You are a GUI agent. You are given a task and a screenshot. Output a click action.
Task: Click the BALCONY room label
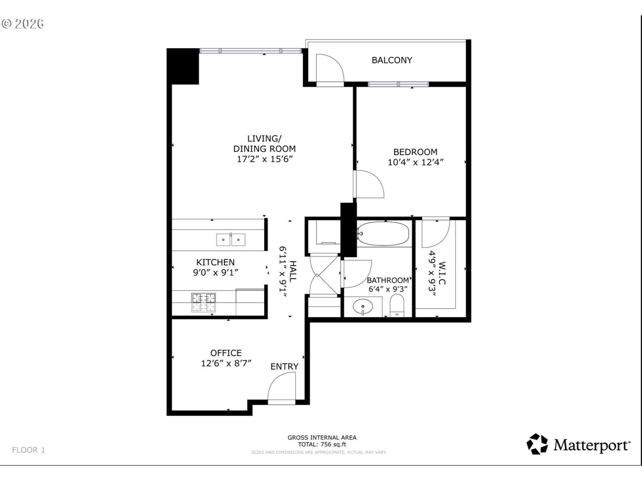pyautogui.click(x=392, y=60)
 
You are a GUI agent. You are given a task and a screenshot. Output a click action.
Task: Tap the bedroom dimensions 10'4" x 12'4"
pyautogui.click(x=416, y=162)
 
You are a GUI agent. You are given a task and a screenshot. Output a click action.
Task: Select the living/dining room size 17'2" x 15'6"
pyautogui.click(x=264, y=159)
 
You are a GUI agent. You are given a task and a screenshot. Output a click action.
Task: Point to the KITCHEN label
pyautogui.click(x=215, y=262)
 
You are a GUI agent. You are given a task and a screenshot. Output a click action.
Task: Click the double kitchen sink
pyautogui.click(x=231, y=239)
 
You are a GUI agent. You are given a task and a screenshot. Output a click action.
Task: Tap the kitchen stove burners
pyautogui.click(x=203, y=302)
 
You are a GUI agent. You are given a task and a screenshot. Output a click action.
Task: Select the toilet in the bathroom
pyautogui.click(x=397, y=305)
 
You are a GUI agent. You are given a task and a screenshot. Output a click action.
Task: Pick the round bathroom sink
pyautogui.click(x=363, y=306)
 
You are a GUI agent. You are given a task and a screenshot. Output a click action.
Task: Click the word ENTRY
pyautogui.click(x=284, y=366)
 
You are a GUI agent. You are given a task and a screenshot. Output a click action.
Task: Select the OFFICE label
pyautogui.click(x=226, y=353)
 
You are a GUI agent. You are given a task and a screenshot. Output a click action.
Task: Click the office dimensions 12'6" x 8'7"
pyautogui.click(x=226, y=363)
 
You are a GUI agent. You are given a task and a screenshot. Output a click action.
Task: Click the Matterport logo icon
pyautogui.click(x=537, y=444)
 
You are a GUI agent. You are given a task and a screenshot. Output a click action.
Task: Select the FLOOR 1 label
pyautogui.click(x=28, y=450)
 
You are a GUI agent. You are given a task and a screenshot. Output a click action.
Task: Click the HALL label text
pyautogui.click(x=293, y=271)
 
